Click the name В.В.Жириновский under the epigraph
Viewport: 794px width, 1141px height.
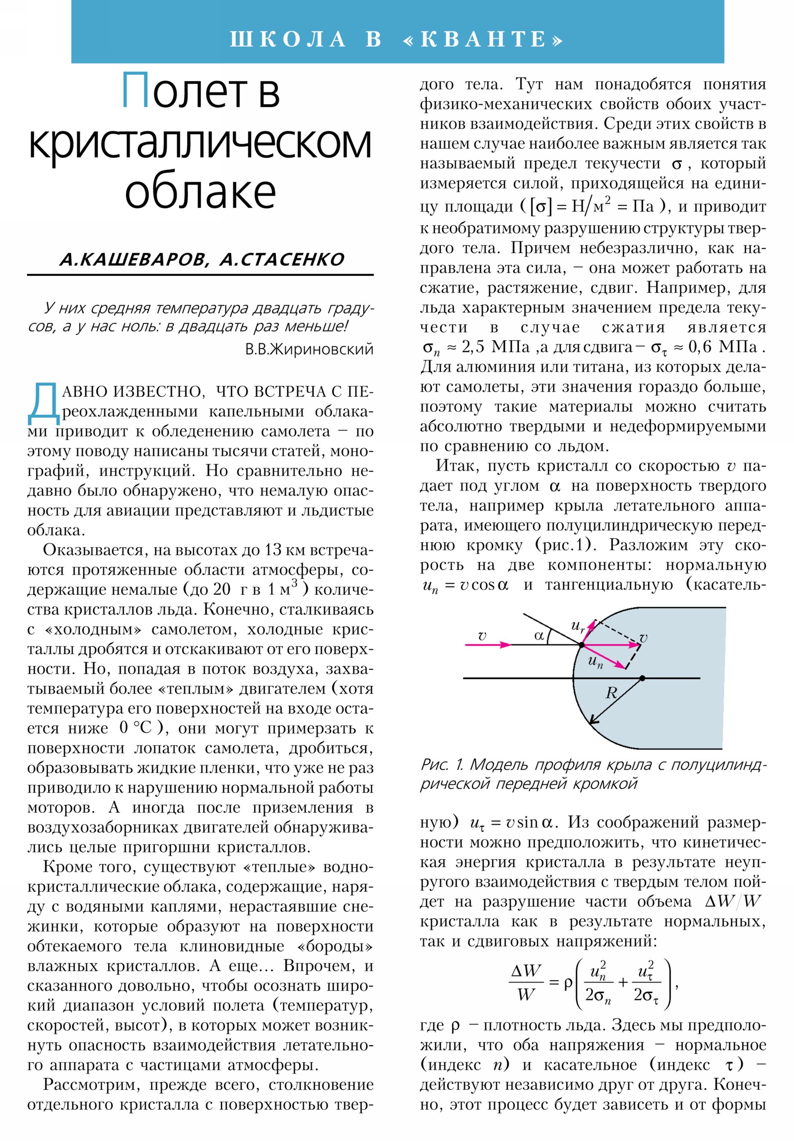[309, 349]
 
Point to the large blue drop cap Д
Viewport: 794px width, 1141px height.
[44, 404]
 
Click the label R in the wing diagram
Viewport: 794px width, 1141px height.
[611, 692]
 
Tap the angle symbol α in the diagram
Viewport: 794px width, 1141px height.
[539, 635]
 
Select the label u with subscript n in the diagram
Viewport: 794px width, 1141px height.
[595, 661]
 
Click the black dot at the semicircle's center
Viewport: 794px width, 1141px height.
[642, 678]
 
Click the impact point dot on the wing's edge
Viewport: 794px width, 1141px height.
[581, 644]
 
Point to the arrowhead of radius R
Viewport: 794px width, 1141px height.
[592, 722]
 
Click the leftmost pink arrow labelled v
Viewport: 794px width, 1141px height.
[487, 644]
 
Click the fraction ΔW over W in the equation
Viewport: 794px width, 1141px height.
[526, 982]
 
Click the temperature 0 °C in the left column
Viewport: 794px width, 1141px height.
[135, 728]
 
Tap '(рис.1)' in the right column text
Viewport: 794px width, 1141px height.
[566, 545]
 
